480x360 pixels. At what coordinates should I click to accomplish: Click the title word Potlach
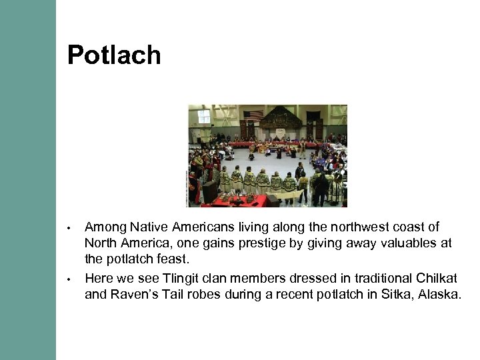(114, 55)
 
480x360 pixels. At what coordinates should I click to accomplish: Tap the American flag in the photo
(253, 116)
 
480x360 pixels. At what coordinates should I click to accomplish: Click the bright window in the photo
(203, 116)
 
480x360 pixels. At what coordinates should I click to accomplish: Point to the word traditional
(364, 278)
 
